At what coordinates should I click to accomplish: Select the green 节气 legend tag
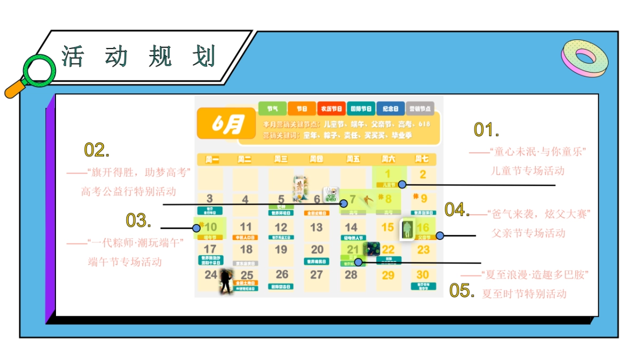pos(272,108)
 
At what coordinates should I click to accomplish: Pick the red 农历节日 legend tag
pos(331,108)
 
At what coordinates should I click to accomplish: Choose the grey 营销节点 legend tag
pos(420,108)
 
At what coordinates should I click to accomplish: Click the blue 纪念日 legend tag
pos(390,108)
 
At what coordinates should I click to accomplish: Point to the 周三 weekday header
pos(281,159)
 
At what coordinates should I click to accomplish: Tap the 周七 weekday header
pos(421,159)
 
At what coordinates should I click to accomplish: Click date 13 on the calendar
pos(316,227)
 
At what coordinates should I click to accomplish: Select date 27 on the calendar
pos(316,275)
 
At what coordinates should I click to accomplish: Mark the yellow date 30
pos(422,275)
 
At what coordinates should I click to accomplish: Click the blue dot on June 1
pos(402,184)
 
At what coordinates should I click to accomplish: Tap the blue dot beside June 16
pos(439,235)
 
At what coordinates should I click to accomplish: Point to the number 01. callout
pos(486,130)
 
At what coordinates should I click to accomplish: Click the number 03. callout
pos(139,220)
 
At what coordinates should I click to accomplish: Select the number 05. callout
pos(461,291)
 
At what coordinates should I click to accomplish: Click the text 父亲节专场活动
pos(528,233)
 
